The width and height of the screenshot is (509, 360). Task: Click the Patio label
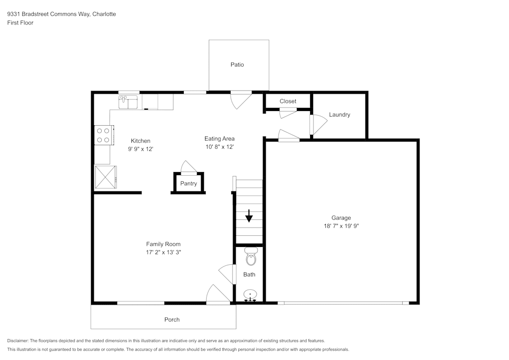[x=237, y=65]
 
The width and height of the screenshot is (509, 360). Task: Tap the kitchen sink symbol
[x=128, y=102]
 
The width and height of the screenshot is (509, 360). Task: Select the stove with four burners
[x=103, y=135]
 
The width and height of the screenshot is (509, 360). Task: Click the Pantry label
[x=188, y=184]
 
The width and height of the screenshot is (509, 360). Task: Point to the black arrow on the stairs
[x=249, y=216]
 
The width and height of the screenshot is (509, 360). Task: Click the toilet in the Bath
[x=250, y=258]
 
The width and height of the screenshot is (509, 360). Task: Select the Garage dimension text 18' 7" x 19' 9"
[x=341, y=226]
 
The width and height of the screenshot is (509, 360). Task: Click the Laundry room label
[x=340, y=115]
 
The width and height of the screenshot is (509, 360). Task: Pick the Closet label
[x=288, y=101]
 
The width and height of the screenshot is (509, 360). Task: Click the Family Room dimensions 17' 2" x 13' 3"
[x=163, y=252]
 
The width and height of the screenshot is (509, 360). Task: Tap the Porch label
[x=172, y=320]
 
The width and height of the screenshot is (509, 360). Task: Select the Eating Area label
[x=219, y=139]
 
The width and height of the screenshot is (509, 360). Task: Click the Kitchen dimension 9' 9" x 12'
[x=140, y=149]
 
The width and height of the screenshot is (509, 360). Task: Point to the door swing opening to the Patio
[x=241, y=99]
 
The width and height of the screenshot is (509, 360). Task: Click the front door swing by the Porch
[x=218, y=295]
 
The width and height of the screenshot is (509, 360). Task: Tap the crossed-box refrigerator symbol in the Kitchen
[x=105, y=177]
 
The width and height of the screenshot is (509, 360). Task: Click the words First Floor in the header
[x=20, y=23]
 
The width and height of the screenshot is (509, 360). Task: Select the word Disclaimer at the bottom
[x=18, y=341]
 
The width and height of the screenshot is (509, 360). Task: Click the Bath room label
[x=249, y=274]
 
